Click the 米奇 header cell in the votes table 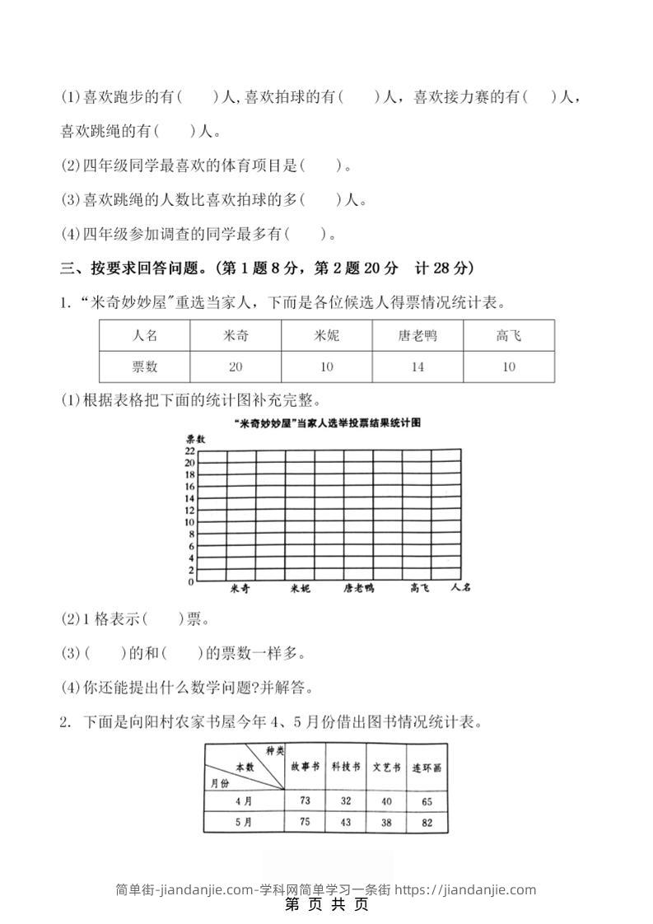click(x=236, y=336)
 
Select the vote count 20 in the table click(x=236, y=366)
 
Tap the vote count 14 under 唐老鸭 click(x=417, y=366)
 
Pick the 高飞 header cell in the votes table click(x=508, y=336)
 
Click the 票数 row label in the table click(x=144, y=366)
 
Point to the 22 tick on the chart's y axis click(x=189, y=451)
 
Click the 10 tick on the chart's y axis click(x=189, y=522)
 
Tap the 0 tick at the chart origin click(x=191, y=581)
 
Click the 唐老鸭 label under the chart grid click(x=359, y=589)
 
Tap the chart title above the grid click(x=328, y=422)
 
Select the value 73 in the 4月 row click(x=305, y=800)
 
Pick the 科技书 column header click(x=346, y=768)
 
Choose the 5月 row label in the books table click(x=243, y=822)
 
